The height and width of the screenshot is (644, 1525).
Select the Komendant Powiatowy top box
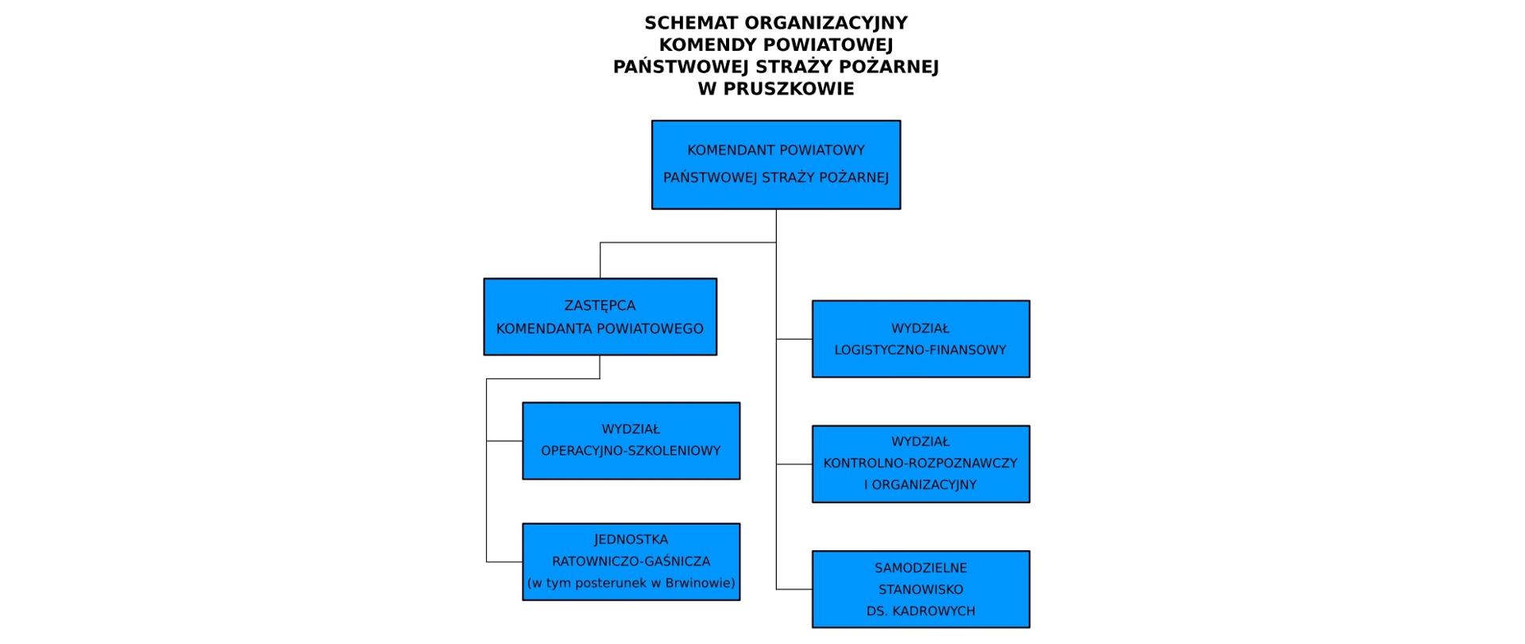[x=776, y=165]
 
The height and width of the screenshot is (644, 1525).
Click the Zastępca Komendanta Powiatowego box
[x=600, y=316]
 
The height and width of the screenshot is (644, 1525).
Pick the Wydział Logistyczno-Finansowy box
[x=921, y=339]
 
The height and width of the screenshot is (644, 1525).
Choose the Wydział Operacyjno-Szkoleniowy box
[x=631, y=440]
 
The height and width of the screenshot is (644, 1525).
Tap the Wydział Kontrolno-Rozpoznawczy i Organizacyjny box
[x=921, y=464]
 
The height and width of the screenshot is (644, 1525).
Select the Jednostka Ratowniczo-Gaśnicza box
[x=631, y=561]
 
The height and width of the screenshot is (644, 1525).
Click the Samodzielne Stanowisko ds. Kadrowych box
[x=921, y=589]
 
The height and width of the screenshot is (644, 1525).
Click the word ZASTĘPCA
[x=600, y=305]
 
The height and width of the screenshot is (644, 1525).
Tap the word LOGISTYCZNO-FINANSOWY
[x=921, y=350]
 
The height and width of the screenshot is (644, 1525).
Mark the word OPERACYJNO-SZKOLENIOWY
[x=631, y=451]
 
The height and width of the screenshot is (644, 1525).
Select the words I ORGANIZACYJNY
[x=921, y=485]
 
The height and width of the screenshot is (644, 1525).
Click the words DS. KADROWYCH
[x=921, y=611]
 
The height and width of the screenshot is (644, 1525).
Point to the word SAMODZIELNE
[x=921, y=568]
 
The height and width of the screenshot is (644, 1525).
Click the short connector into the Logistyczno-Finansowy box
[x=794, y=339]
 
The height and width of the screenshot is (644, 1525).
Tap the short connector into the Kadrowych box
[x=794, y=589]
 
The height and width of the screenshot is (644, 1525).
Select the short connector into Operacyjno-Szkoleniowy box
[x=504, y=440]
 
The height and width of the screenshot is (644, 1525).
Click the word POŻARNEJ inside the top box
[x=855, y=177]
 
